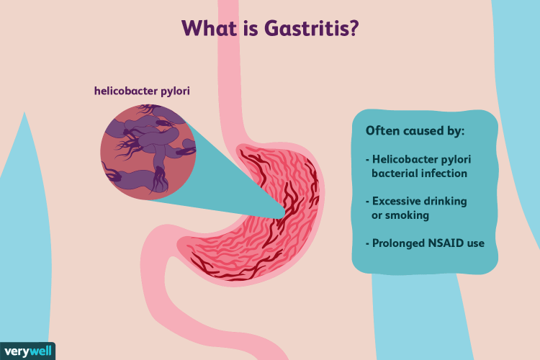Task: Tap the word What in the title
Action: (209, 29)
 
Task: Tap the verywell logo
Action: (27, 348)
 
